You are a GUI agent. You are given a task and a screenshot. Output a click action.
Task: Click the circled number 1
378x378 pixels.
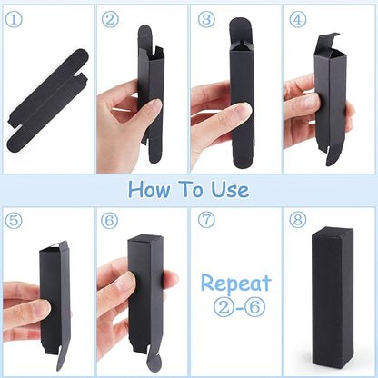pyautogui.click(x=14, y=19)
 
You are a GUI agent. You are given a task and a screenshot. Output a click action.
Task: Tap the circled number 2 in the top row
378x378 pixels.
pyautogui.click(x=110, y=19)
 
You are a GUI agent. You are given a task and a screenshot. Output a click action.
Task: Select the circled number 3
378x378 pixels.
pyautogui.click(x=206, y=19)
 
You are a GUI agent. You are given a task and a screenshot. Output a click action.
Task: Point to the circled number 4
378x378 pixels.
pyautogui.click(x=298, y=19)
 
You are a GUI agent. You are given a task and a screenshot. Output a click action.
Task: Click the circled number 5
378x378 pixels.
pyautogui.click(x=14, y=220)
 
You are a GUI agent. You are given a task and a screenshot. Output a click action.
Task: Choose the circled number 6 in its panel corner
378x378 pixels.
pyautogui.click(x=109, y=220)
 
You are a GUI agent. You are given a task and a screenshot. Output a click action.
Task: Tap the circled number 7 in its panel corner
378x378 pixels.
pyautogui.click(x=206, y=220)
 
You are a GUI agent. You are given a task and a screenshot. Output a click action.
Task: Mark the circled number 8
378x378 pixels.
pyautogui.click(x=298, y=220)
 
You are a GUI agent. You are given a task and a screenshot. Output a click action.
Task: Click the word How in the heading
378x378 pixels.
pyautogui.click(x=149, y=190)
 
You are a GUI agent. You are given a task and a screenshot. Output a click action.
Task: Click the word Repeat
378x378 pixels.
pyautogui.click(x=235, y=283)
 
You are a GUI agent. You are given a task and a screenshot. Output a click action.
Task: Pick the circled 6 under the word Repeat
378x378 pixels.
pyautogui.click(x=254, y=307)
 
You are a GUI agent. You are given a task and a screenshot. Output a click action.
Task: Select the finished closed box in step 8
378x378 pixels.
pyautogui.click(x=333, y=297)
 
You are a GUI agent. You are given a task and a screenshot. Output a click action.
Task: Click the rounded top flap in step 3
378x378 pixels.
pyautogui.click(x=241, y=30)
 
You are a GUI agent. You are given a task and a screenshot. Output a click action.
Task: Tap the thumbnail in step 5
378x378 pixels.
pyautogui.click(x=42, y=309)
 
